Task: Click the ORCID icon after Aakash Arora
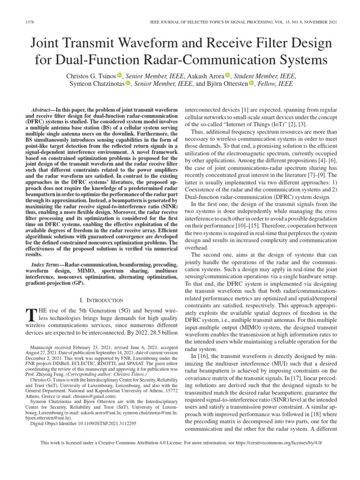tap(228, 75)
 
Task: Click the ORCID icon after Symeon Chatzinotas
tap(128, 84)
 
